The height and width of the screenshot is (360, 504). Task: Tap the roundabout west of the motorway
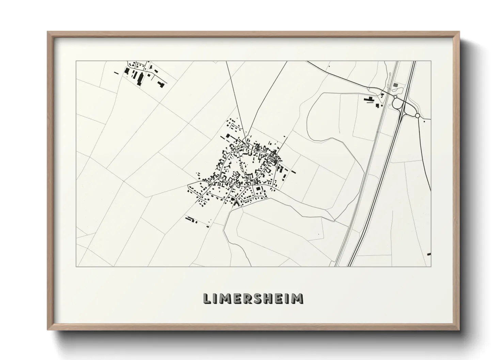(395, 97)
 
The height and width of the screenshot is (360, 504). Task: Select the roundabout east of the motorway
(418, 116)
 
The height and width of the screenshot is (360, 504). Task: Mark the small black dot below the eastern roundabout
(424, 121)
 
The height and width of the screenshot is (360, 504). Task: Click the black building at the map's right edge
(429, 254)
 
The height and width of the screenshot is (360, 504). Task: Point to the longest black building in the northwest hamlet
(139, 79)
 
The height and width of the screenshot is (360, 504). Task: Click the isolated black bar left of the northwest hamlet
(116, 72)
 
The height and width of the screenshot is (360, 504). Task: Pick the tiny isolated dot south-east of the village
(318, 233)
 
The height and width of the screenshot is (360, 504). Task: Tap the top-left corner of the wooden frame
(48, 32)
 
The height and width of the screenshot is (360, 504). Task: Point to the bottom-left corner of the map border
(76, 266)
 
